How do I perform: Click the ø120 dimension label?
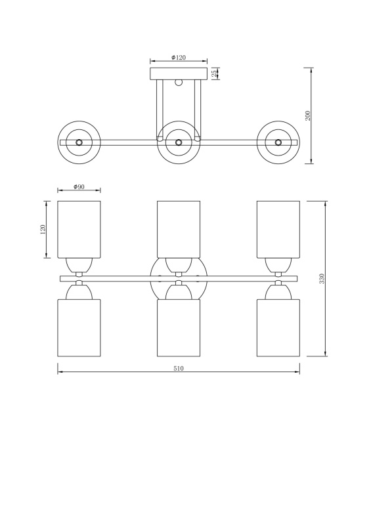tap(179, 58)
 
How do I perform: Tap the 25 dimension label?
tap(214, 73)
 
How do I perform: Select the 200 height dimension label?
tap(308, 115)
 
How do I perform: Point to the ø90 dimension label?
tap(79, 187)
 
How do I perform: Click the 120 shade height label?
tap(43, 230)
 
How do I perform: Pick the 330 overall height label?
tap(322, 279)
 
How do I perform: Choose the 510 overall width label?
tap(179, 369)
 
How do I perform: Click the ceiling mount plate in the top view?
tap(179, 73)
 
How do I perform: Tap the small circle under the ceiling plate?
tap(179, 83)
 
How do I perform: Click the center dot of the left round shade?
tap(79, 142)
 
